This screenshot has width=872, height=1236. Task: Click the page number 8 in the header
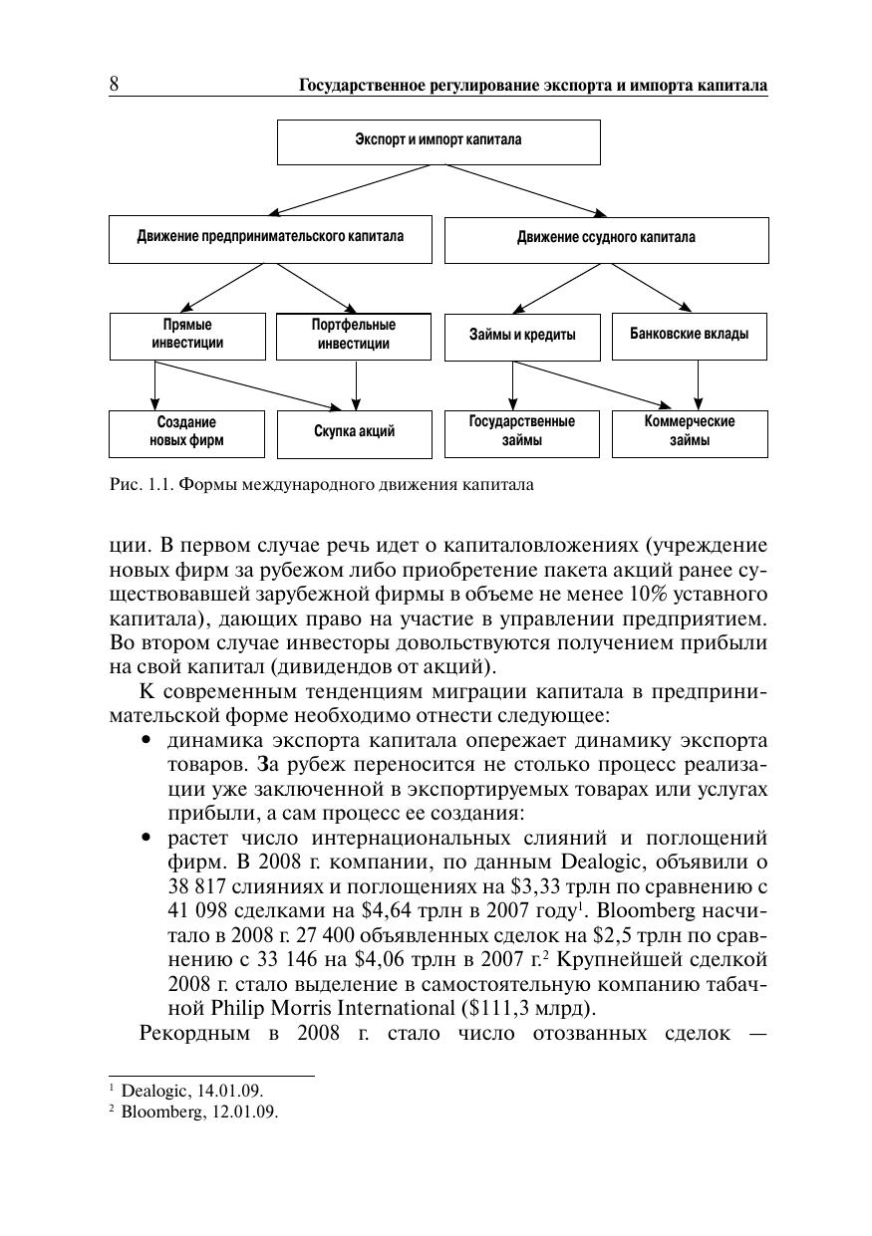click(114, 85)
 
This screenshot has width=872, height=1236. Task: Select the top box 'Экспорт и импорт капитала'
click(438, 140)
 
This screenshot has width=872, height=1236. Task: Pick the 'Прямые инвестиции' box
click(187, 336)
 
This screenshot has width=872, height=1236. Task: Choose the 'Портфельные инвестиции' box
click(354, 336)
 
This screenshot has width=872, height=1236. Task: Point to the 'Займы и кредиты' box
click(522, 336)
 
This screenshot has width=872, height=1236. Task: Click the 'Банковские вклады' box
click(689, 335)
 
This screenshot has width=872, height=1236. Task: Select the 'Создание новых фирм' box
click(187, 432)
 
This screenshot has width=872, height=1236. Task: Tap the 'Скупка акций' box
click(354, 432)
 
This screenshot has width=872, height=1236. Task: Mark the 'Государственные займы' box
click(522, 431)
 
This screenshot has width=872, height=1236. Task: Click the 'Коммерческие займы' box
click(690, 431)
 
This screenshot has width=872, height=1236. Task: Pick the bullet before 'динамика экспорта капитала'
click(147, 741)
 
